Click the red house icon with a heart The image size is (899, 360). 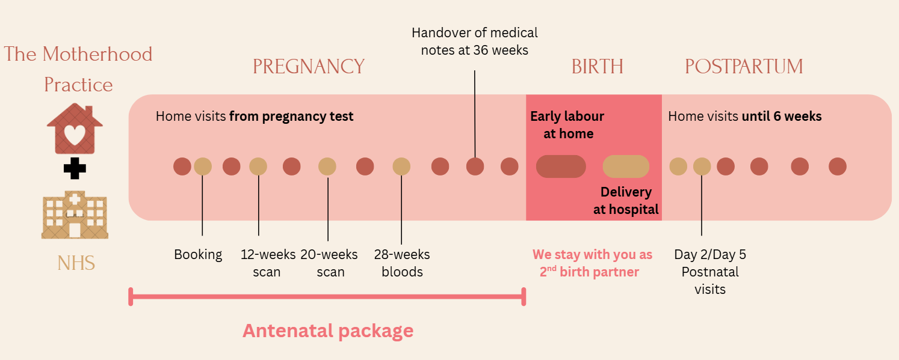click(75, 129)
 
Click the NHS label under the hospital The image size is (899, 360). click(76, 263)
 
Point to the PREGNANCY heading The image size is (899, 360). click(309, 67)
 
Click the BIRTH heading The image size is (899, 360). click(597, 67)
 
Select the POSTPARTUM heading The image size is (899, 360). click(744, 67)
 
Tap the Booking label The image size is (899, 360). click(198, 254)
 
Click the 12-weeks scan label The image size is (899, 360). click(268, 263)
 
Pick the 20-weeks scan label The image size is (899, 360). click(329, 263)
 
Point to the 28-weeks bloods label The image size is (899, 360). click(402, 263)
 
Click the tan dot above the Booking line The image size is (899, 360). click(203, 166)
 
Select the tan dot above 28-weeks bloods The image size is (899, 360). click(401, 166)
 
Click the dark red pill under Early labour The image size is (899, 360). click(561, 166)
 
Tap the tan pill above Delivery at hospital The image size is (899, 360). click(626, 166)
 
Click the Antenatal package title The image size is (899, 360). click(328, 331)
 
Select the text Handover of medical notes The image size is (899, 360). click(474, 41)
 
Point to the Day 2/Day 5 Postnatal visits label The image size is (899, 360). click(710, 272)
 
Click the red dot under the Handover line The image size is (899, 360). click(475, 166)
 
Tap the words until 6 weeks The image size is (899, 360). click(782, 116)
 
